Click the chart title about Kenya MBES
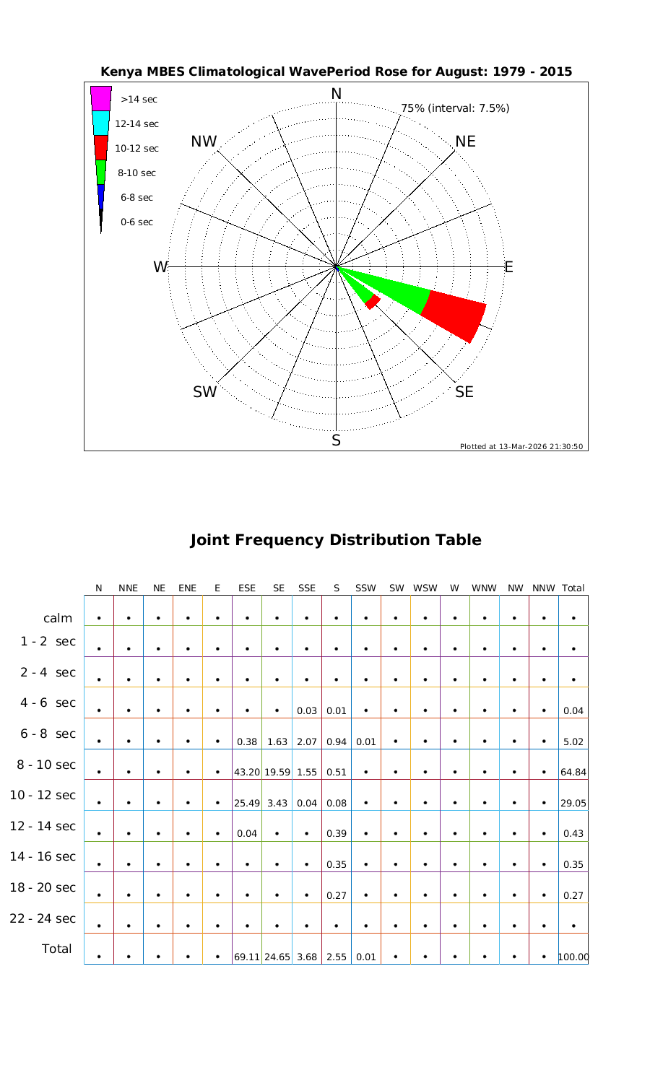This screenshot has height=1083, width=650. click(337, 71)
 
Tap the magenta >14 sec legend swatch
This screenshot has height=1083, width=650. click(101, 98)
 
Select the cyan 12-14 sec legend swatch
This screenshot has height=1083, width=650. click(101, 123)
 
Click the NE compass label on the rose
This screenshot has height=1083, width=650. click(466, 142)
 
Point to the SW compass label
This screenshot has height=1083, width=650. click(205, 392)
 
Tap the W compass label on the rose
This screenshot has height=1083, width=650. click(160, 267)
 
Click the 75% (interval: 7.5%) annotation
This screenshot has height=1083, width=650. click(455, 108)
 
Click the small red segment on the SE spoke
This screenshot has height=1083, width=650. click(373, 302)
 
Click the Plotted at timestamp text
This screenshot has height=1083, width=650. click(522, 446)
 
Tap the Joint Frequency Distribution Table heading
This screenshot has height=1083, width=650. click(336, 540)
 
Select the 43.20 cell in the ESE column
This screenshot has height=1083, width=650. click(247, 772)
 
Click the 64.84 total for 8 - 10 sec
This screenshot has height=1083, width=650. click(573, 772)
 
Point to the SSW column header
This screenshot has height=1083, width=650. click(366, 588)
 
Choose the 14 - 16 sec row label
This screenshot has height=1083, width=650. click(43, 856)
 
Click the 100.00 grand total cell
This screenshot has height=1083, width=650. click(573, 957)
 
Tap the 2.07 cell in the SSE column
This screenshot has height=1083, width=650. click(307, 741)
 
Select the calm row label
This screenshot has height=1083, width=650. click(58, 618)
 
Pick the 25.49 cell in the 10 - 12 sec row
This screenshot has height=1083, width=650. click(247, 802)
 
